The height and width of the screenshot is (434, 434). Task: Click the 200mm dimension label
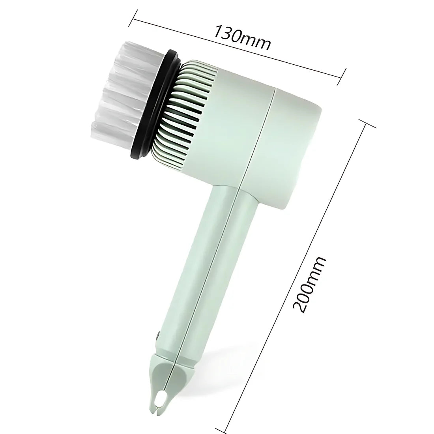click(309, 285)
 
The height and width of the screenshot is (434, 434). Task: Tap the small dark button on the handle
click(157, 335)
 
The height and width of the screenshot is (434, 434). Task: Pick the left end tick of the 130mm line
click(133, 19)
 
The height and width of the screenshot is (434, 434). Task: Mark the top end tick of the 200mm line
click(367, 124)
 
